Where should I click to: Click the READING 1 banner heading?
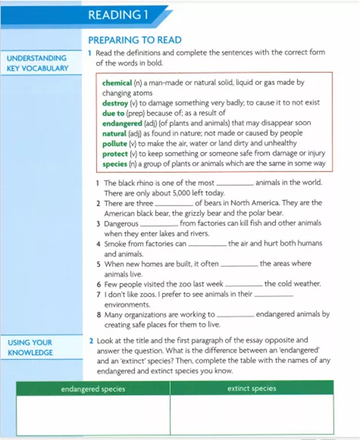(118, 15)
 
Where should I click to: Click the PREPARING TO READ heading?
(135, 39)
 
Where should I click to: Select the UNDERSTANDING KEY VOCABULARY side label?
(37, 63)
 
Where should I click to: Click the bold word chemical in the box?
(117, 83)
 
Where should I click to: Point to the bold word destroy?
(115, 103)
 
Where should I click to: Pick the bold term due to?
(113, 113)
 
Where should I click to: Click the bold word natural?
(114, 133)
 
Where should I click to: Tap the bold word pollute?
(115, 143)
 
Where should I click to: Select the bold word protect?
(115, 154)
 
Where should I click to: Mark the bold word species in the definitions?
(115, 164)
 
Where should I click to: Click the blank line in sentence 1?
(235, 185)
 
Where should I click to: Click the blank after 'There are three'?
(174, 204)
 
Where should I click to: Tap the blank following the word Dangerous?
(159, 225)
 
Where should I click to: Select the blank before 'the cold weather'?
(244, 285)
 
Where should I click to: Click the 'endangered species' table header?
(93, 389)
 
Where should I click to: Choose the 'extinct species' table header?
(251, 389)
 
